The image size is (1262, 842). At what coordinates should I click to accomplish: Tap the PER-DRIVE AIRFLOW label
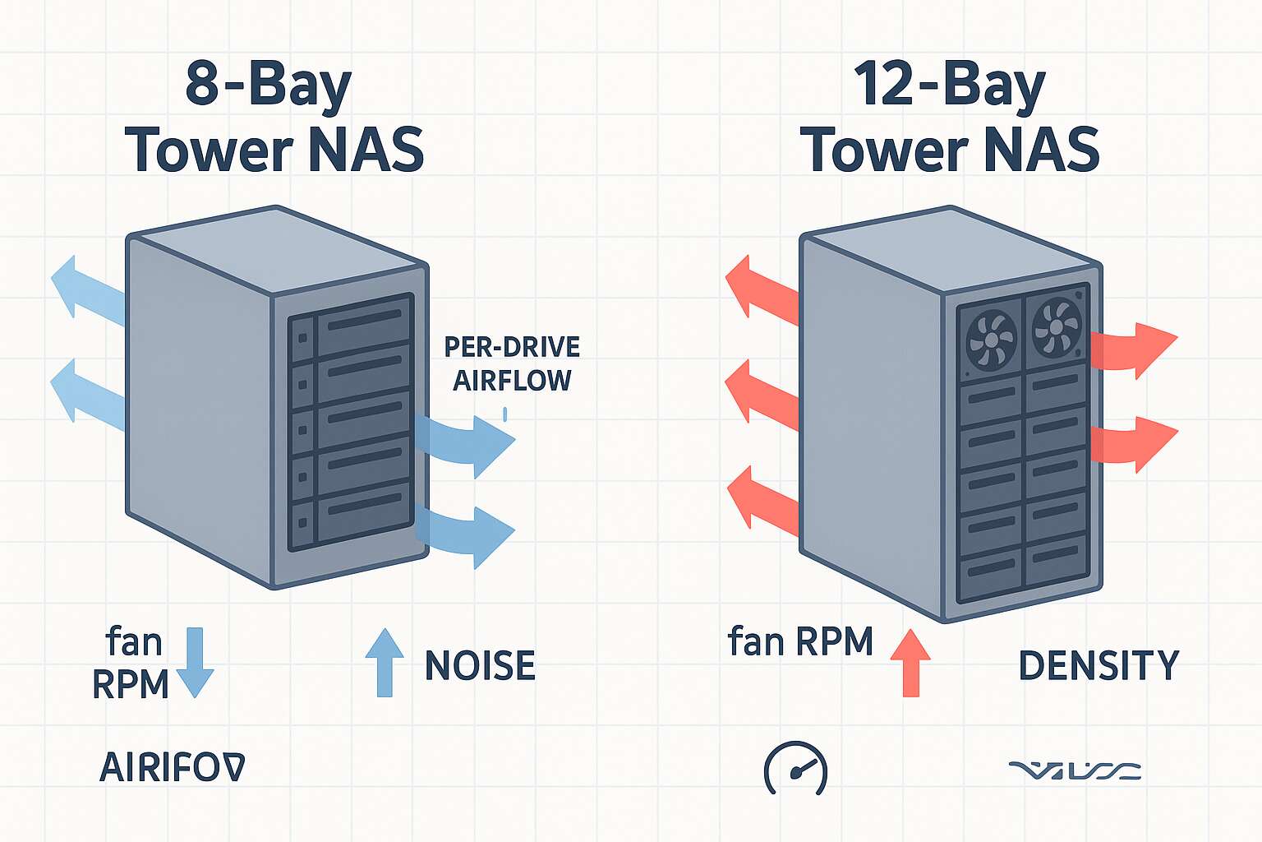[x=512, y=363]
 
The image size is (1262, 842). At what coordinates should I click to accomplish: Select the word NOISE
[x=480, y=665]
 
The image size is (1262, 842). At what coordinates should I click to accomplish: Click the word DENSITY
[x=1098, y=665]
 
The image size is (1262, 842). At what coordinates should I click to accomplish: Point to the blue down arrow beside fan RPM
[x=195, y=663]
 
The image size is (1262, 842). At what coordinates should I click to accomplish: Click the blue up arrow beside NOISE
[x=385, y=663]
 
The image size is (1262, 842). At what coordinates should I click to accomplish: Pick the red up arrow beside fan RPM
[x=910, y=663]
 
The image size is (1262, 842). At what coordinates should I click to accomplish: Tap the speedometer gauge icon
[x=795, y=769]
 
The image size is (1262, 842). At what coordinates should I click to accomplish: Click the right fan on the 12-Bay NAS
[x=1057, y=326]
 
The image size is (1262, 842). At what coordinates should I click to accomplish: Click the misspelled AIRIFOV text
[x=172, y=768]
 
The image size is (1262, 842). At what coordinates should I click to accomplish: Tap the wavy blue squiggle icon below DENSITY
[x=1075, y=770]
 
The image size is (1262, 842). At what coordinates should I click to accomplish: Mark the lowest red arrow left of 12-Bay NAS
[x=760, y=498]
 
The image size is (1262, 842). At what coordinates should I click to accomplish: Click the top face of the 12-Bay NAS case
[x=951, y=246]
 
